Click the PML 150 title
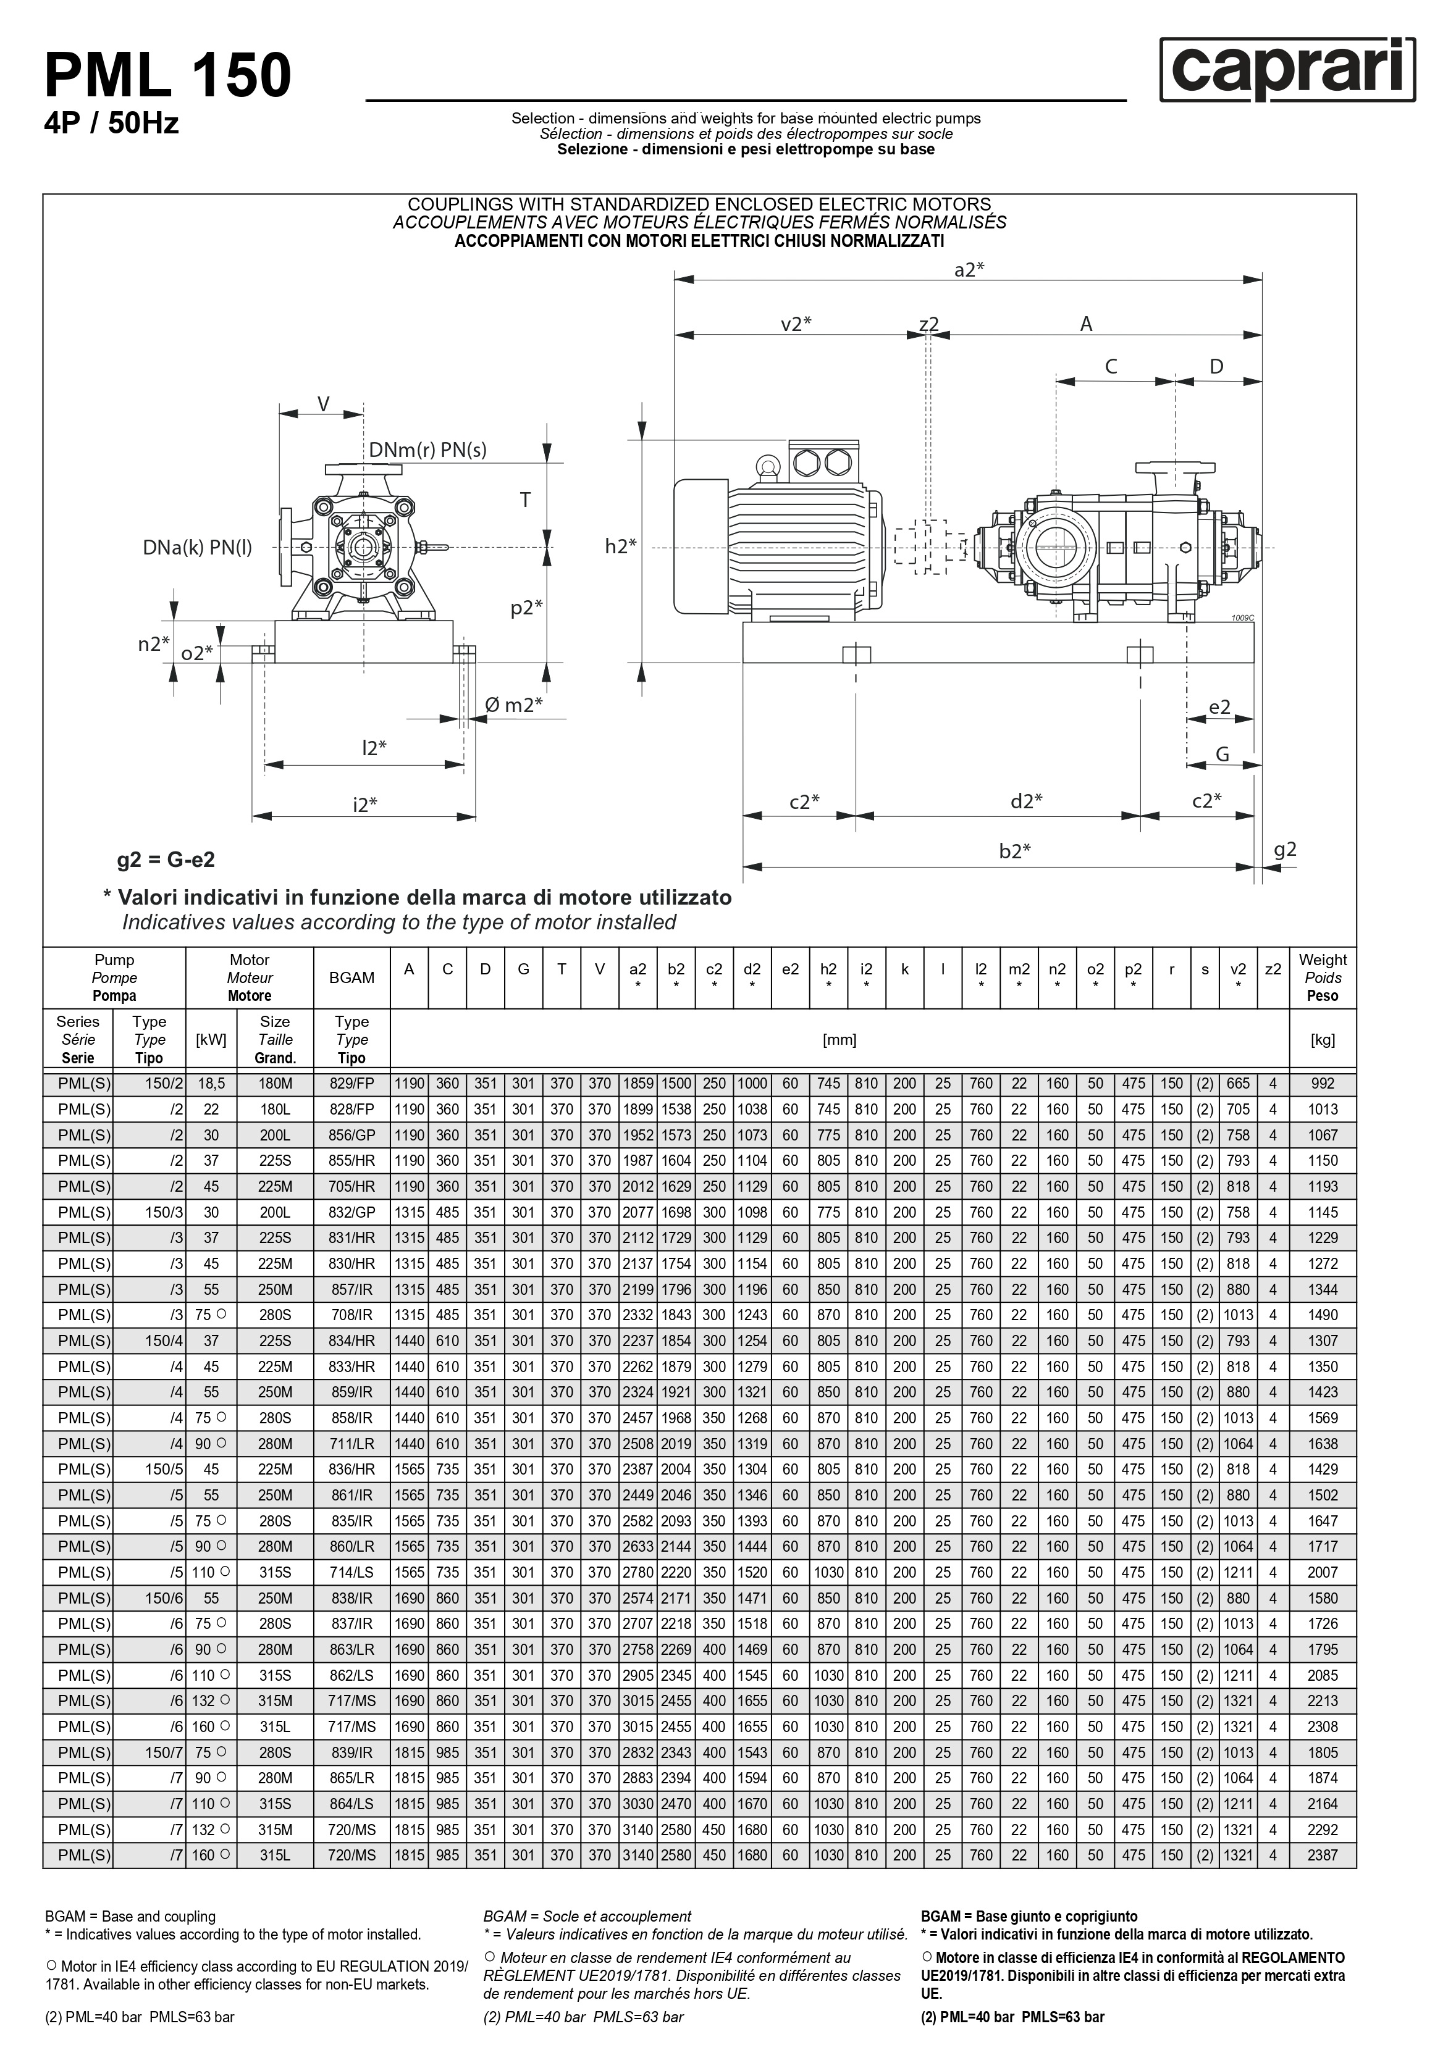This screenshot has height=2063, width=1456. pos(168,75)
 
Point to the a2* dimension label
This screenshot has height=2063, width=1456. pos(969,270)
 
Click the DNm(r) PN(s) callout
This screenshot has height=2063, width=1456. pos(428,450)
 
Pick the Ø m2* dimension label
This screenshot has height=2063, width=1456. pos(513,705)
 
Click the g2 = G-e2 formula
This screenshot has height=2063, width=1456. pos(166,860)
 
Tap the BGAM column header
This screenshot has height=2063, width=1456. pos(351,977)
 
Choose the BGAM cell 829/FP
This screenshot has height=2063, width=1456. pos(351,1084)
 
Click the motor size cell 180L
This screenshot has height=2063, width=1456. pos(275,1110)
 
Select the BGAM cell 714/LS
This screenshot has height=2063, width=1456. pos(351,1572)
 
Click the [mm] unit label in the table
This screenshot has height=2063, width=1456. pos(840,1040)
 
